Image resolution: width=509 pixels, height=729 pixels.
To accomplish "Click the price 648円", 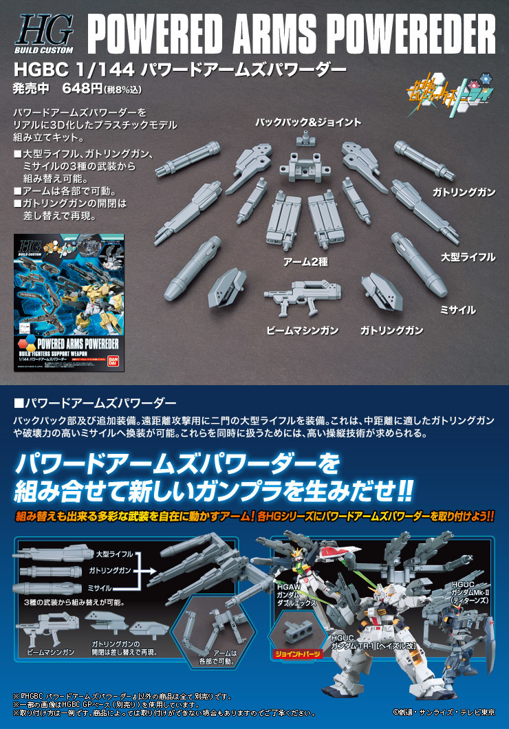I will click(x=80, y=88).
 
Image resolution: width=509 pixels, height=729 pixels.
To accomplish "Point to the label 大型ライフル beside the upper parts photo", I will click(x=468, y=257).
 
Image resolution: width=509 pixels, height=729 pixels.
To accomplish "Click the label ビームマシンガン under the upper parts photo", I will click(x=303, y=331).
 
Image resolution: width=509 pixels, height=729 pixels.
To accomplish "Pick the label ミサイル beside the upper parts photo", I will click(x=457, y=309).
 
